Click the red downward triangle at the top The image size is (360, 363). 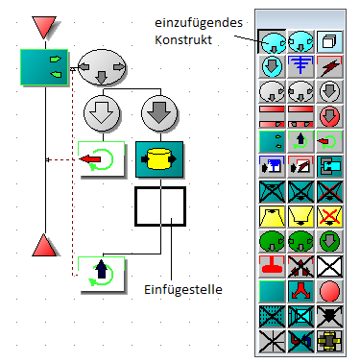44,26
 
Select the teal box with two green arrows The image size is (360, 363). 44,67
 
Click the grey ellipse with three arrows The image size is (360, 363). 102,67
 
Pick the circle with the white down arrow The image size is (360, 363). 102,113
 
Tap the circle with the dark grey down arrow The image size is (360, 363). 159,113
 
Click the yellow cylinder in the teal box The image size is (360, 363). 159,159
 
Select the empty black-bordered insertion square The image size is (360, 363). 160,206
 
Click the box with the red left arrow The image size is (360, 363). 102,158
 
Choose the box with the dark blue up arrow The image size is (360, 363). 102,274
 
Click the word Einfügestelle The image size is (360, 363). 183,289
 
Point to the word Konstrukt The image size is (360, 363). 183,39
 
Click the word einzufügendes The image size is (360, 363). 199,23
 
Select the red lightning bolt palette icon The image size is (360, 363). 329,66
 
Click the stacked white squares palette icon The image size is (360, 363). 329,41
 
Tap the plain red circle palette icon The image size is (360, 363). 329,291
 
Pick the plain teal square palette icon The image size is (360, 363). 272,291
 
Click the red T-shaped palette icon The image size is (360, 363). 272,266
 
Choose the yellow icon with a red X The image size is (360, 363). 329,216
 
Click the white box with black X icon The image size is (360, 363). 329,266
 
